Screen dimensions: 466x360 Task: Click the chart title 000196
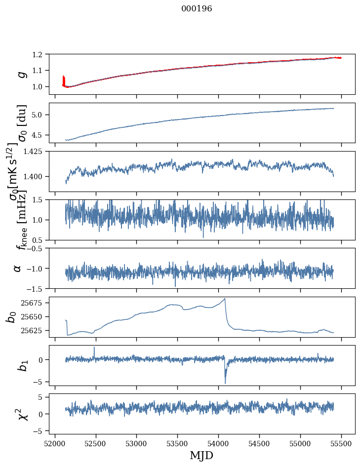tap(197, 9)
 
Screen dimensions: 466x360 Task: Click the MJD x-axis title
tap(201, 455)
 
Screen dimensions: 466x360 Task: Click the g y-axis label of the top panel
tap(21, 74)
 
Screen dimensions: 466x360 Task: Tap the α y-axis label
tap(18, 268)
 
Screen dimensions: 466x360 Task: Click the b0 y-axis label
tap(11, 316)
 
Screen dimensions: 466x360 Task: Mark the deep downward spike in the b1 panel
tap(225, 383)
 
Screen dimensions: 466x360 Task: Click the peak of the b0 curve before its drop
tap(225, 299)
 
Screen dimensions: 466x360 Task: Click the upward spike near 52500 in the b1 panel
tap(94, 348)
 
